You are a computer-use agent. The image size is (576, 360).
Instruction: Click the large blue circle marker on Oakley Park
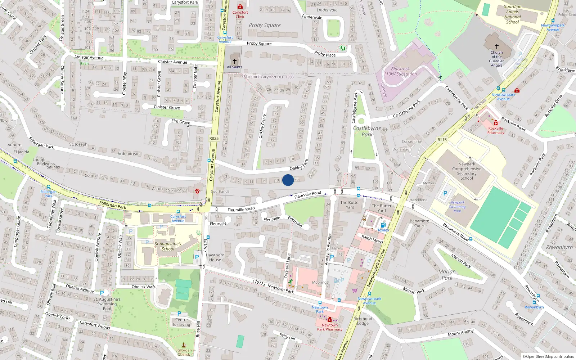(x=288, y=180)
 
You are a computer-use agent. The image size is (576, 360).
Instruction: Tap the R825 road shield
(x=214, y=138)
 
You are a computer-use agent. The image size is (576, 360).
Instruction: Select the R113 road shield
(x=442, y=140)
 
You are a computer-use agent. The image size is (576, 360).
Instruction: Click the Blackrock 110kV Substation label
(x=400, y=71)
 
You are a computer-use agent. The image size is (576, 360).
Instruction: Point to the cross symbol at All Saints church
(x=235, y=61)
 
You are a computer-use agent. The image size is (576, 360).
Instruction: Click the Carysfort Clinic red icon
(x=240, y=6)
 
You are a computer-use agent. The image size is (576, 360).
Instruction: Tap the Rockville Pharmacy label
(x=496, y=130)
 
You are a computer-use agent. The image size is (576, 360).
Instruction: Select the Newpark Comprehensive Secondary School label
(x=467, y=171)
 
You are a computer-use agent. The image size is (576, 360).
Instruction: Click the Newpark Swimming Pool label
(x=457, y=207)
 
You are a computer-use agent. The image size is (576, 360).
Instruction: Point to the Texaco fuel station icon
(x=383, y=225)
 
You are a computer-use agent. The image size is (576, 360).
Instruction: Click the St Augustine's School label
(x=168, y=246)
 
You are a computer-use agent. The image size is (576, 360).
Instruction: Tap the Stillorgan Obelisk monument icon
(x=184, y=345)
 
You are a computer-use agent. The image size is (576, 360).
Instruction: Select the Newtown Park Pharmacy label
(x=329, y=327)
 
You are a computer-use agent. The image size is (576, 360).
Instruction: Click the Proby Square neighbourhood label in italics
(x=265, y=25)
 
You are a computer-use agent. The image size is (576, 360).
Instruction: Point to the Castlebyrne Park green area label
(x=367, y=131)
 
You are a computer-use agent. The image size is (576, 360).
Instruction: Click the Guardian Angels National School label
(x=512, y=14)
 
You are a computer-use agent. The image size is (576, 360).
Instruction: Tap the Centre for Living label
(x=181, y=322)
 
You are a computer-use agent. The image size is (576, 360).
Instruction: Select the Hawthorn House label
(x=215, y=257)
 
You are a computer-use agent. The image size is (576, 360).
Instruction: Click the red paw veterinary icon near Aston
(x=197, y=191)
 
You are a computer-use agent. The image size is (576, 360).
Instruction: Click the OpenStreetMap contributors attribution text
(x=550, y=357)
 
